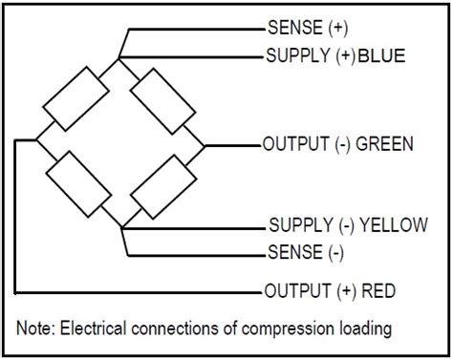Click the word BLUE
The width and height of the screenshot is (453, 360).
pyautogui.click(x=383, y=56)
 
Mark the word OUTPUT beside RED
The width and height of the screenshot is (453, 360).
pyautogui.click(x=292, y=290)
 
